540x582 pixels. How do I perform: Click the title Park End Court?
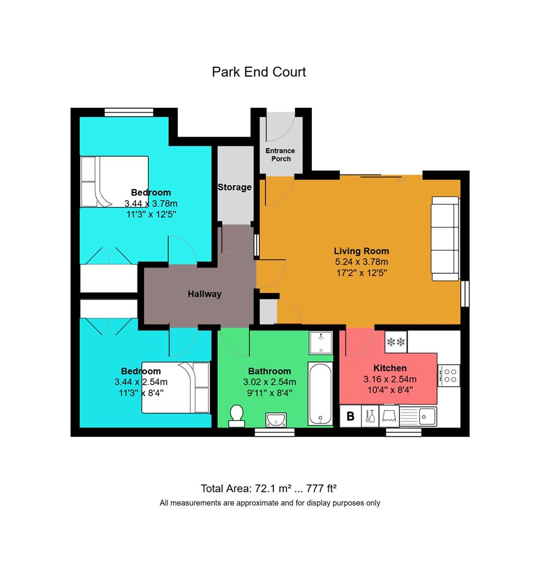click(258, 72)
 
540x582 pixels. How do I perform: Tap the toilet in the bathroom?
click(237, 415)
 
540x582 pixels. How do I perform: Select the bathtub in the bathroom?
click(320, 394)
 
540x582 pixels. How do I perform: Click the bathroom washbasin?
click(276, 419)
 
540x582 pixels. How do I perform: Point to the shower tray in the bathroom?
click(321, 343)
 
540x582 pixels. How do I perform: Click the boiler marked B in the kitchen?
click(351, 416)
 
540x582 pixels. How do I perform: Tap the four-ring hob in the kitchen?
click(449, 375)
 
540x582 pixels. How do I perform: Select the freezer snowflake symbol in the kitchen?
click(396, 342)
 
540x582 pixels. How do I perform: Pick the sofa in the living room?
click(445, 239)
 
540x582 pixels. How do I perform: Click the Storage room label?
click(235, 187)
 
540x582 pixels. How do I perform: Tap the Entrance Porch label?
click(281, 155)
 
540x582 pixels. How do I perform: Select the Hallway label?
click(204, 294)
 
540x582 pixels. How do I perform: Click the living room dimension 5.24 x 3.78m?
click(361, 262)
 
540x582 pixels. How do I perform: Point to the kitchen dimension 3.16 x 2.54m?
click(390, 379)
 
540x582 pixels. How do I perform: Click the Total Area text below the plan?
click(269, 488)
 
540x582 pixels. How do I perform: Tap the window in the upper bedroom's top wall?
click(129, 112)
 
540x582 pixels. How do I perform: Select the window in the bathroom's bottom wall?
click(275, 432)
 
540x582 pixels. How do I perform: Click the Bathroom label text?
click(269, 371)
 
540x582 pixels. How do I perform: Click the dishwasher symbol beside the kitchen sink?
click(389, 416)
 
